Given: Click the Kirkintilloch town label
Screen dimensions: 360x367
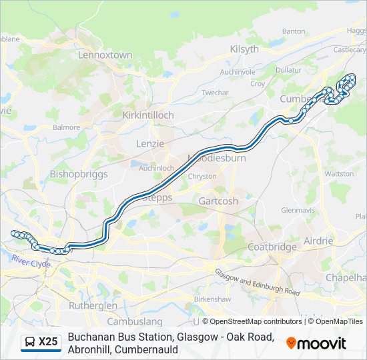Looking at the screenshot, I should pos(148,115).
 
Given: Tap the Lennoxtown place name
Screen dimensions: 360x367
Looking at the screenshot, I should pos(105,55).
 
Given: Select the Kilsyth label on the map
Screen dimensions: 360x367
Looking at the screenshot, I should pos(244,49).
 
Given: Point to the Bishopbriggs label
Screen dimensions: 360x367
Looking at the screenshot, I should pos(79,174).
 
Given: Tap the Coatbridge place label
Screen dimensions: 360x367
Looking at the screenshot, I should pos(272,247).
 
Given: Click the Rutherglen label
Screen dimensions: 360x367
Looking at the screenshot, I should pos(93,305).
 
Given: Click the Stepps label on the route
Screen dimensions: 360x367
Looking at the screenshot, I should pos(157,198).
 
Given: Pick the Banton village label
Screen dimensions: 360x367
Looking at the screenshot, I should pos(294,31).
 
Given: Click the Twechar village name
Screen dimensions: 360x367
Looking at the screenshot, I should pos(216,93).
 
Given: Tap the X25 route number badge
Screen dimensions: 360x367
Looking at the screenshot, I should pos(48,343).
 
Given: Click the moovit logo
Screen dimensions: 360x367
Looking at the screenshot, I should pos(316,343).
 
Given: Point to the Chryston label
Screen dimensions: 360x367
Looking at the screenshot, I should pos(202,177).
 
